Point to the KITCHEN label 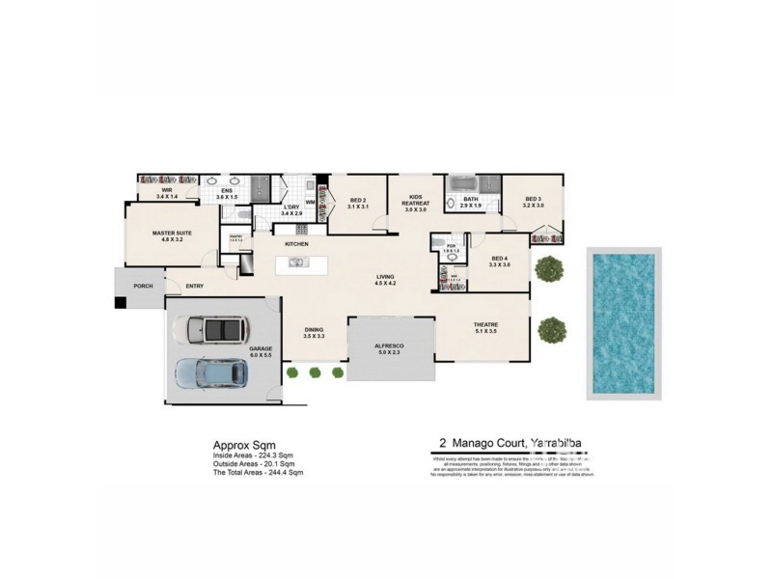tap(295, 245)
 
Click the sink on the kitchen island tap(299, 262)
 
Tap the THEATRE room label tap(484, 324)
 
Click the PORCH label tap(142, 285)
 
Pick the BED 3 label tap(533, 200)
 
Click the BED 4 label tap(499, 258)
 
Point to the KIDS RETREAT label tap(416, 203)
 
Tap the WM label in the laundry tap(310, 202)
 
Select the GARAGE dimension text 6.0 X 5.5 tap(262, 355)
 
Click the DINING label tap(314, 330)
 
